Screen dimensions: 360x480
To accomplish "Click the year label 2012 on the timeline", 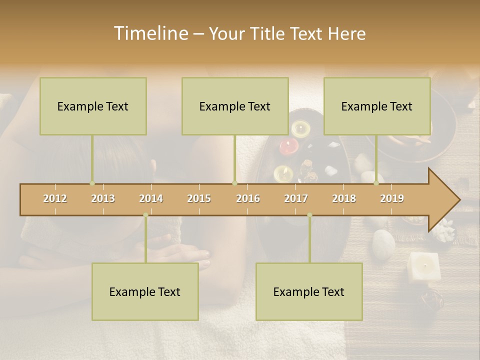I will (x=55, y=198).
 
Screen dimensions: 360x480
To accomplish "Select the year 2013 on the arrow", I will (x=103, y=198).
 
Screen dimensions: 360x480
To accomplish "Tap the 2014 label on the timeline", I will (x=151, y=198).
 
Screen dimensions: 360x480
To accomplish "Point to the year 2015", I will (x=199, y=198).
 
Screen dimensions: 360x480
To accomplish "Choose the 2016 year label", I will (x=248, y=198).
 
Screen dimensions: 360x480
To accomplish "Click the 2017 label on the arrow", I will (x=296, y=198).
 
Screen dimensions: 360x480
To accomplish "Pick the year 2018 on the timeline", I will (x=344, y=198).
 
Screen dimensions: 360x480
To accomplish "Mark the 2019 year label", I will (x=392, y=198).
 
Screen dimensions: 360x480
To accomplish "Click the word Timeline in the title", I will (x=150, y=33).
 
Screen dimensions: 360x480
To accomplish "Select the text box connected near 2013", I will (x=93, y=106).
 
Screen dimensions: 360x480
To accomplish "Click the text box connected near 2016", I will (x=235, y=106).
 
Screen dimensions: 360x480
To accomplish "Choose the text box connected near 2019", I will (x=377, y=106).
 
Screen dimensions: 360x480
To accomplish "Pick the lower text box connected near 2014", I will (x=145, y=291).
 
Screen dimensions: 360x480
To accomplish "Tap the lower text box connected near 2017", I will (x=309, y=291).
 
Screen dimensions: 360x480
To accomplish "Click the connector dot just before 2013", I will (x=92, y=183).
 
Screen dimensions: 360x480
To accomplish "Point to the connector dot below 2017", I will (x=309, y=215).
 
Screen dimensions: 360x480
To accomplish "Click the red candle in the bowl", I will (x=289, y=145).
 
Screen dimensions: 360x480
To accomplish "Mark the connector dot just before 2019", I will (x=376, y=183).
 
